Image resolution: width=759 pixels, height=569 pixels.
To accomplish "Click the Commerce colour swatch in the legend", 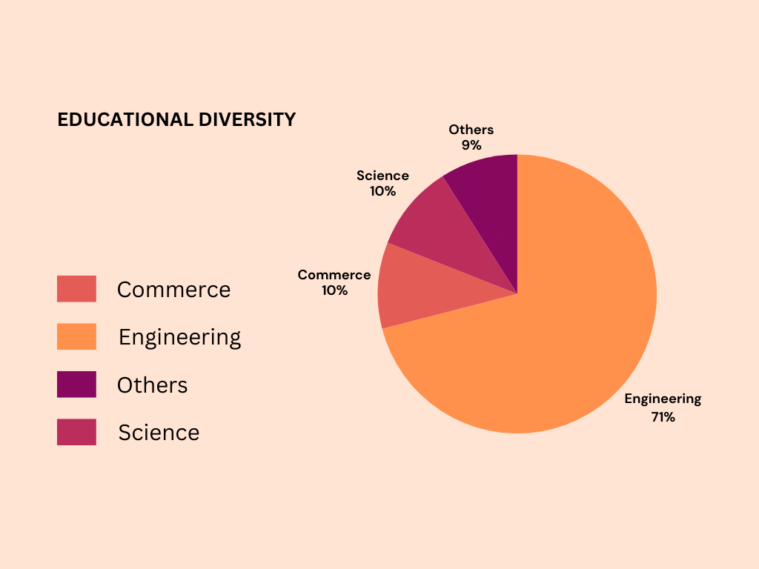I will pyautogui.click(x=76, y=289).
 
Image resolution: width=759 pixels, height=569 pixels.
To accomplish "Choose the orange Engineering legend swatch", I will pyautogui.click(x=76, y=336).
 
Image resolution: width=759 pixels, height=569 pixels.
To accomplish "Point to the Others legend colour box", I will pyautogui.click(x=76, y=385).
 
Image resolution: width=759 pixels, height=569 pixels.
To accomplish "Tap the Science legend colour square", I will pyautogui.click(x=76, y=432).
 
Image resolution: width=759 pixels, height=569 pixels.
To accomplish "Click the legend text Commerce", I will pyautogui.click(x=173, y=290).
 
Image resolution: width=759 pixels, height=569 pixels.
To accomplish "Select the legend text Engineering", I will pyautogui.click(x=179, y=338).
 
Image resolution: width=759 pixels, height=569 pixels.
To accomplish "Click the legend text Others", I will pyautogui.click(x=152, y=385).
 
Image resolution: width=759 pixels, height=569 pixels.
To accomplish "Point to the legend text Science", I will pyautogui.click(x=159, y=433).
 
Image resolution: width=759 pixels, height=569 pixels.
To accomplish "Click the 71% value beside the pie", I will pyautogui.click(x=663, y=417).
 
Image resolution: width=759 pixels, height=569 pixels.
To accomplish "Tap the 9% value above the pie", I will pyautogui.click(x=471, y=145).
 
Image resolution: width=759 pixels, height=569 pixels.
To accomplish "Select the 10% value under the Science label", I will pyautogui.click(x=383, y=191).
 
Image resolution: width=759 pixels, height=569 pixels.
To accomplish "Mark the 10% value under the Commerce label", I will pyautogui.click(x=334, y=290).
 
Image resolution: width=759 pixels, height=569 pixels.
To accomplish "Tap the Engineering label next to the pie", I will pyautogui.click(x=663, y=399).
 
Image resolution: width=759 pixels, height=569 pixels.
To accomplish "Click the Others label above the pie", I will pyautogui.click(x=471, y=130).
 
